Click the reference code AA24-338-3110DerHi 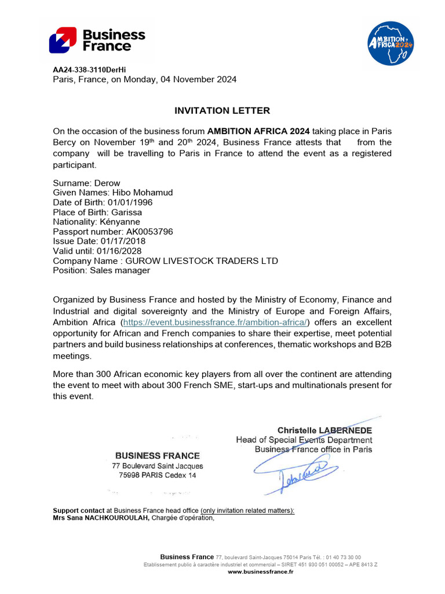89,70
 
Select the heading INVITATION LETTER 222,111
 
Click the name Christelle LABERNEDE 324,430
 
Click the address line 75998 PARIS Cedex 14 158,475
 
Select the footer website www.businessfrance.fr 260,572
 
